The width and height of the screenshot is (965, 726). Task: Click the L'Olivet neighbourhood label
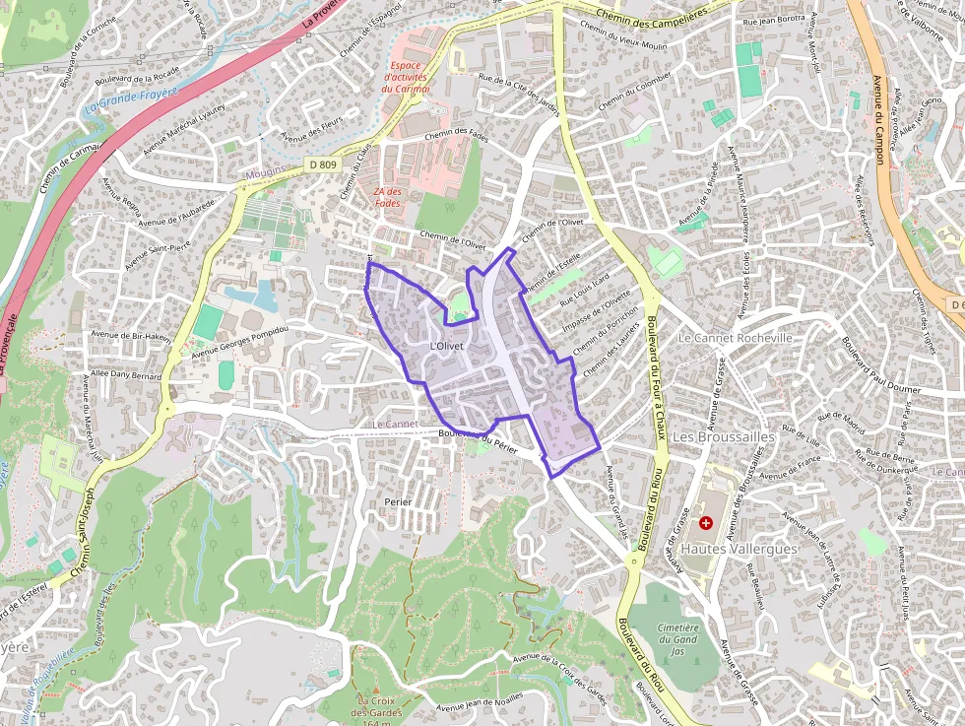[x=447, y=347]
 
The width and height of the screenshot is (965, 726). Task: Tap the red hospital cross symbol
[x=705, y=523]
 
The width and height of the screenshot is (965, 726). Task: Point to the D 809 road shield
[x=321, y=165]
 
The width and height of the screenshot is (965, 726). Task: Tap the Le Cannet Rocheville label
[x=736, y=337]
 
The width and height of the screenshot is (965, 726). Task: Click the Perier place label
[x=398, y=502]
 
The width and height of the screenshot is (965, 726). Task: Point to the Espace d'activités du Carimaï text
[x=406, y=76]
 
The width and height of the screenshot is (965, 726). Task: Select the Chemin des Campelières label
[x=652, y=15]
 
